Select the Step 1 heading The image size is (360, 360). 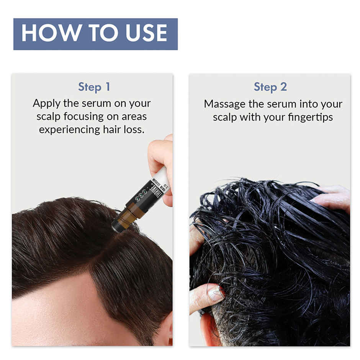pos(94,87)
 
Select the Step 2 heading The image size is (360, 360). pos(270,87)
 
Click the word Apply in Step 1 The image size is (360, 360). pos(47,104)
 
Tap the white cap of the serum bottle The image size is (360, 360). pos(162,178)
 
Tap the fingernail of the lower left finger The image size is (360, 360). pos(215,295)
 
